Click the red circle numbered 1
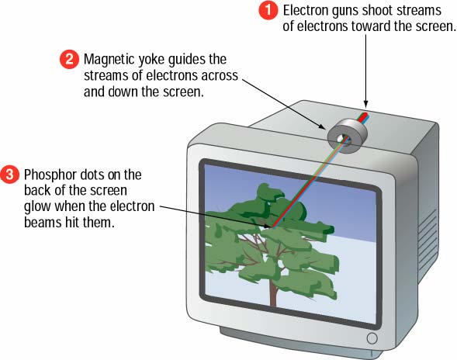(x=268, y=10)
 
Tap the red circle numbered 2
(x=69, y=60)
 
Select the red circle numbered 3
(x=9, y=175)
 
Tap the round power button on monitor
(x=372, y=338)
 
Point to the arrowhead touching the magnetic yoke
(x=322, y=126)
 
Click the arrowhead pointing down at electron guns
(x=365, y=104)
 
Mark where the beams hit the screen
(x=273, y=227)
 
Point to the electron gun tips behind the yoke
(x=365, y=115)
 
